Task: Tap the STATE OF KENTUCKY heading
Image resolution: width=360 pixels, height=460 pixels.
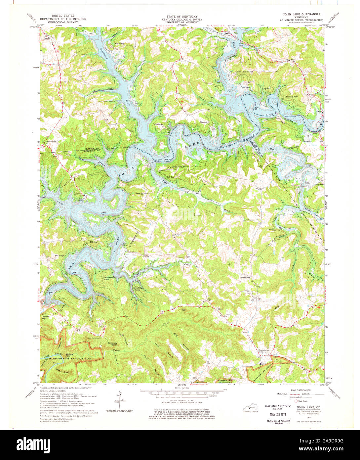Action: pyautogui.click(x=180, y=16)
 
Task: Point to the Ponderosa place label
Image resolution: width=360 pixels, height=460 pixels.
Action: pyautogui.click(x=159, y=124)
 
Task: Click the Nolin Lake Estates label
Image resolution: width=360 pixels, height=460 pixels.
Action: pyautogui.click(x=245, y=71)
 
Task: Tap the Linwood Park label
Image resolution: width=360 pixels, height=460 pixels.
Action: pyautogui.click(x=292, y=97)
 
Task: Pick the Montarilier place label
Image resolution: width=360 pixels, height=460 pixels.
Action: pyautogui.click(x=52, y=141)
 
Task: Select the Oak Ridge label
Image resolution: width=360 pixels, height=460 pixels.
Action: pyautogui.click(x=60, y=255)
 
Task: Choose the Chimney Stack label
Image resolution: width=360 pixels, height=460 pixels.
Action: pyautogui.click(x=113, y=344)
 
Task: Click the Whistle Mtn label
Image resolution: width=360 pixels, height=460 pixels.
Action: pyautogui.click(x=69, y=355)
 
